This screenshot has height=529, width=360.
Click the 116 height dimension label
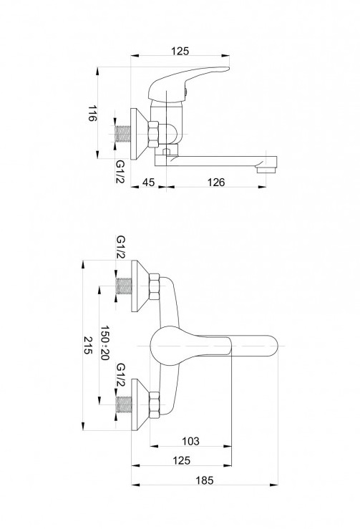(92, 113)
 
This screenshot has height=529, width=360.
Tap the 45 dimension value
(148, 183)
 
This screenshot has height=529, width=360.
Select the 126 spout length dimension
(216, 183)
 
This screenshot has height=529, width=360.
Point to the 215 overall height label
(88, 345)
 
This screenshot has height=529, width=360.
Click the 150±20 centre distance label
(105, 343)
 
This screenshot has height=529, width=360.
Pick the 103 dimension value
(190, 441)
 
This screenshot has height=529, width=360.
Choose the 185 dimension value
(205, 480)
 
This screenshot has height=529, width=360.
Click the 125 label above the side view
(180, 52)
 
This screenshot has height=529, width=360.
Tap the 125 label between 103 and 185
(182, 460)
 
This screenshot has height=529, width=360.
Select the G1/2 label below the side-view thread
(120, 171)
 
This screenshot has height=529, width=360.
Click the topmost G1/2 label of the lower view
(120, 247)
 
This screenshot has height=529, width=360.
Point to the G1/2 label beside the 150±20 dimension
(120, 375)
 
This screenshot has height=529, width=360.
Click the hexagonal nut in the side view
(153, 135)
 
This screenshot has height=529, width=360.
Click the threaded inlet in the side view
(123, 135)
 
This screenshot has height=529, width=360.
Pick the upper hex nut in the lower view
(154, 287)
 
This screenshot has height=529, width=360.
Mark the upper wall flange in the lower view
(139, 286)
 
